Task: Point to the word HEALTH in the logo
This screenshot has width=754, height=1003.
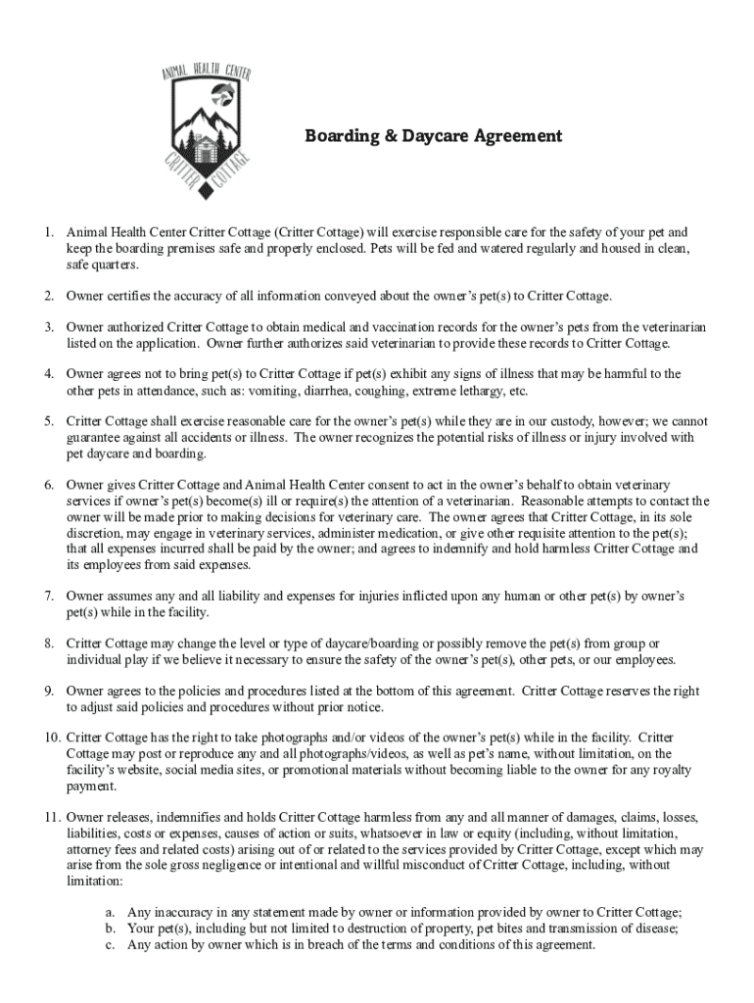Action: [208, 71]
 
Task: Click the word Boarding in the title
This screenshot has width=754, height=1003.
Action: [341, 136]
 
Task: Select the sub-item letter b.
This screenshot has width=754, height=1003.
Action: [111, 929]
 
